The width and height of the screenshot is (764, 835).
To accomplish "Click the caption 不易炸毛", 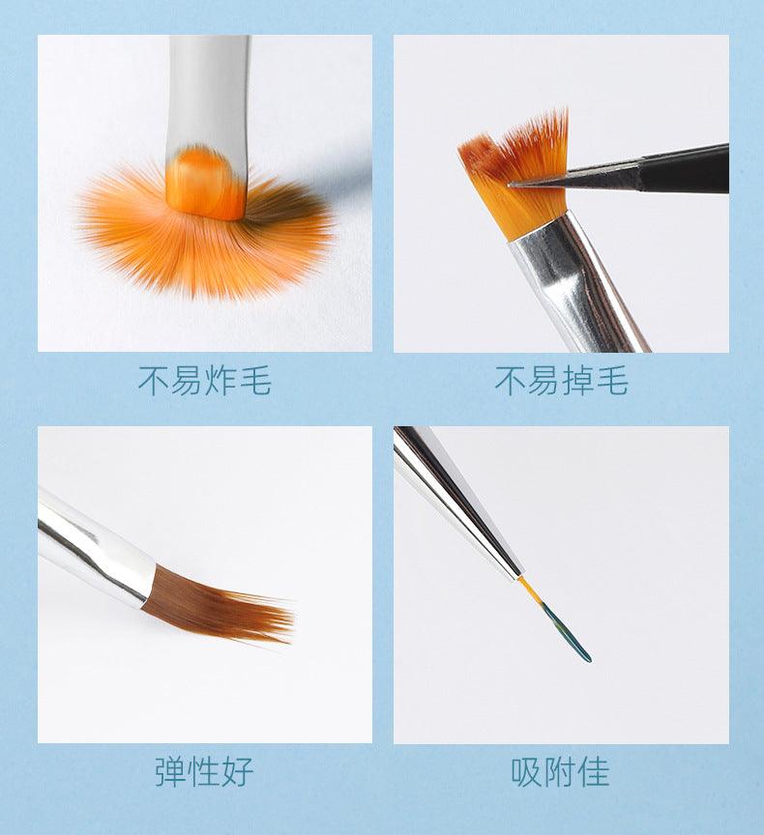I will (204, 381).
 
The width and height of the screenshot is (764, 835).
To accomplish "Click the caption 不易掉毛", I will (561, 381).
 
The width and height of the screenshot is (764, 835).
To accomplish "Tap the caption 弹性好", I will (204, 771).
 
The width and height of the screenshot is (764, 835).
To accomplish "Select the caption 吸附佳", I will (561, 771).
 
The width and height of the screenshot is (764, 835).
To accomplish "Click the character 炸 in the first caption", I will (221, 381).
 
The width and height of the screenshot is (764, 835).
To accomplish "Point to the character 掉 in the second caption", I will (578, 381).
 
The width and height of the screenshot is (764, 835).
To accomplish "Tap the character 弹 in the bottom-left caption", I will (171, 771).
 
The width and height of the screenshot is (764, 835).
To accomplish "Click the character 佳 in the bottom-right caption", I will (594, 771).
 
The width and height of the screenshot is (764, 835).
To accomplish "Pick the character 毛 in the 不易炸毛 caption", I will (255, 381).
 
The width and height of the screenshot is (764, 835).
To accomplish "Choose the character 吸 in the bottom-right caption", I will (528, 771).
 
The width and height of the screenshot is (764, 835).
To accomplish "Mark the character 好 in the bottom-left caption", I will (237, 771).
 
